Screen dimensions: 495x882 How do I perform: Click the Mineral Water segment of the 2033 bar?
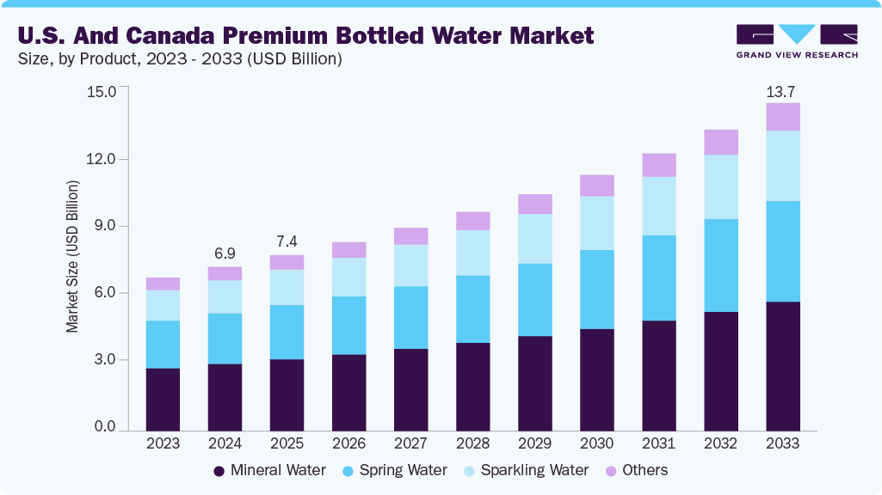(x=782, y=365)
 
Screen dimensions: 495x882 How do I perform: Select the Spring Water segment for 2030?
(x=596, y=290)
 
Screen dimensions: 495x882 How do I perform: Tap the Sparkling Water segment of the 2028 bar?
(x=472, y=253)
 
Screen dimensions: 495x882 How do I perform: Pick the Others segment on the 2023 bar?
(x=163, y=284)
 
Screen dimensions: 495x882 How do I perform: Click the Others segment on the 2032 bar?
(x=720, y=142)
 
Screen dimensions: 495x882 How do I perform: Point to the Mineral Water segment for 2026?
(x=348, y=392)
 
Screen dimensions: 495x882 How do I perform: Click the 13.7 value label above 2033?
(x=782, y=90)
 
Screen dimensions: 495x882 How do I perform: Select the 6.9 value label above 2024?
(x=225, y=254)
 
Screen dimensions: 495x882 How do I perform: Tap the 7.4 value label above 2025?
(x=287, y=242)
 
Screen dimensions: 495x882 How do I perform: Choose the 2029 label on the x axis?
(x=534, y=443)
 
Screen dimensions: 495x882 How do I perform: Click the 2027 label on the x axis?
(x=410, y=443)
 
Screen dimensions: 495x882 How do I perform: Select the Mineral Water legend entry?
(x=269, y=470)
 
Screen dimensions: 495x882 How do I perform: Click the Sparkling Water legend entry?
(x=524, y=470)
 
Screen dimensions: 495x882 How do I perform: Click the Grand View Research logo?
(x=796, y=41)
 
